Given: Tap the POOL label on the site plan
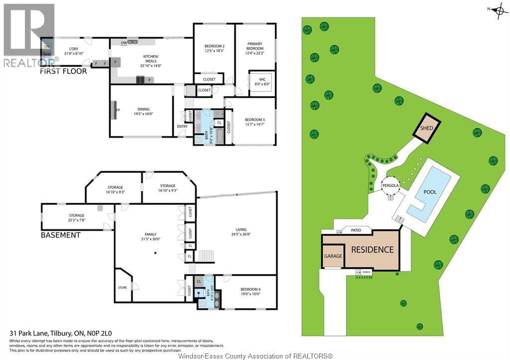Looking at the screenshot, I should point(429,192).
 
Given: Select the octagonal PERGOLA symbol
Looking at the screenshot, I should point(391,186).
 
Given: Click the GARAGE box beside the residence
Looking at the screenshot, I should point(333,256).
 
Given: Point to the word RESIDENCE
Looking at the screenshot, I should point(373,249).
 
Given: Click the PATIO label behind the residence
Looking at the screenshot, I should point(356,230).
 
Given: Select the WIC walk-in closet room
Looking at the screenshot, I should point(262,82).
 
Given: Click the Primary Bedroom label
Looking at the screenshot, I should point(255,46).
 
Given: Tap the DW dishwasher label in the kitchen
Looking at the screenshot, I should point(123,43).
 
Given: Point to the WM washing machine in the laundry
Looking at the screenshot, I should point(47,54).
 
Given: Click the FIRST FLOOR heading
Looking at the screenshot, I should point(63,71).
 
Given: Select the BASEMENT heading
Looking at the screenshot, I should point(60,235).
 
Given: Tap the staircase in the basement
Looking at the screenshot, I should point(206,256).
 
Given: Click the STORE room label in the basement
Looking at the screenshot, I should point(123,287).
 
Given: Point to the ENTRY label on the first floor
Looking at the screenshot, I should point(182,126).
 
